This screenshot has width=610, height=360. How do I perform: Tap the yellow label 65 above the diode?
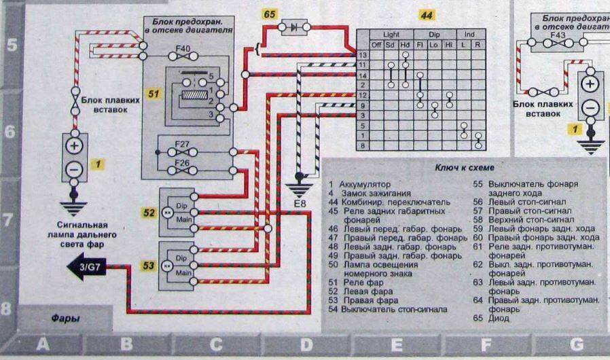point(270,14)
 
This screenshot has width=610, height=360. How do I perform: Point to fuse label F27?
point(180,143)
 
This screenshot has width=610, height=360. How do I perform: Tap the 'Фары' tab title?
point(65,317)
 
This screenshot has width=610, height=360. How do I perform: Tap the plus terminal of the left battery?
point(75,146)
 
